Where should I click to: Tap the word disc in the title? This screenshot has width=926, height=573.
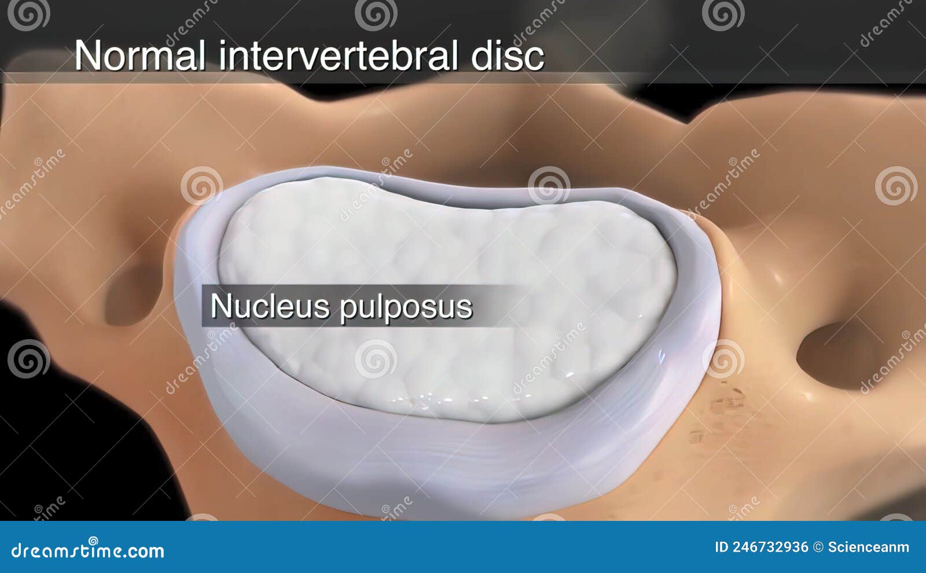click(x=508, y=57)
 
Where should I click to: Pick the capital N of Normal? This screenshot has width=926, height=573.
click(x=86, y=56)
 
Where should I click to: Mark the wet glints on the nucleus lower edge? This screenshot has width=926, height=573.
click(x=428, y=399)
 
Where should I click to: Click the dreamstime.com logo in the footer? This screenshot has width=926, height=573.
click(x=87, y=550)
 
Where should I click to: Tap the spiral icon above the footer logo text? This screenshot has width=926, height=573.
click(x=93, y=540)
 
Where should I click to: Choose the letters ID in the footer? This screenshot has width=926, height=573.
click(x=721, y=547)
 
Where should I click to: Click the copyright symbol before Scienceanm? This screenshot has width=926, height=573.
click(x=818, y=547)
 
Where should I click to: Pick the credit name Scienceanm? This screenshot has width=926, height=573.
click(x=868, y=547)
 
